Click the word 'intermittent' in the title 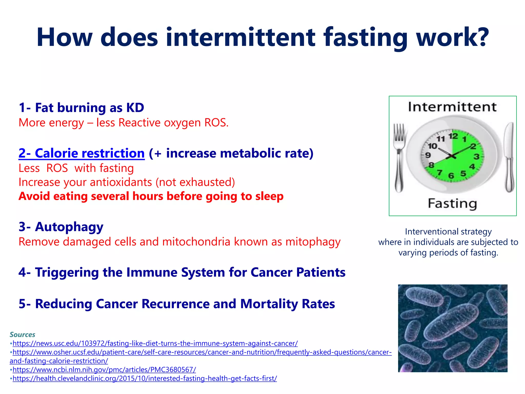click(x=240, y=38)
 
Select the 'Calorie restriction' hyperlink click(x=82, y=153)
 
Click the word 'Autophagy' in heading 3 click(x=69, y=227)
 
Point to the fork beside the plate click(x=399, y=156)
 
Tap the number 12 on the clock click(x=453, y=136)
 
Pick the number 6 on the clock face click(x=451, y=176)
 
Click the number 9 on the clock click(x=428, y=155)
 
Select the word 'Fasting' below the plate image click(x=452, y=204)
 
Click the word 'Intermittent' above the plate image click(x=452, y=107)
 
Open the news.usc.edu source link click(x=155, y=343)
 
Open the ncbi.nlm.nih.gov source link click(x=104, y=370)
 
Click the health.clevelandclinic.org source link click(x=145, y=378)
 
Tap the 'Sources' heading click(x=22, y=334)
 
